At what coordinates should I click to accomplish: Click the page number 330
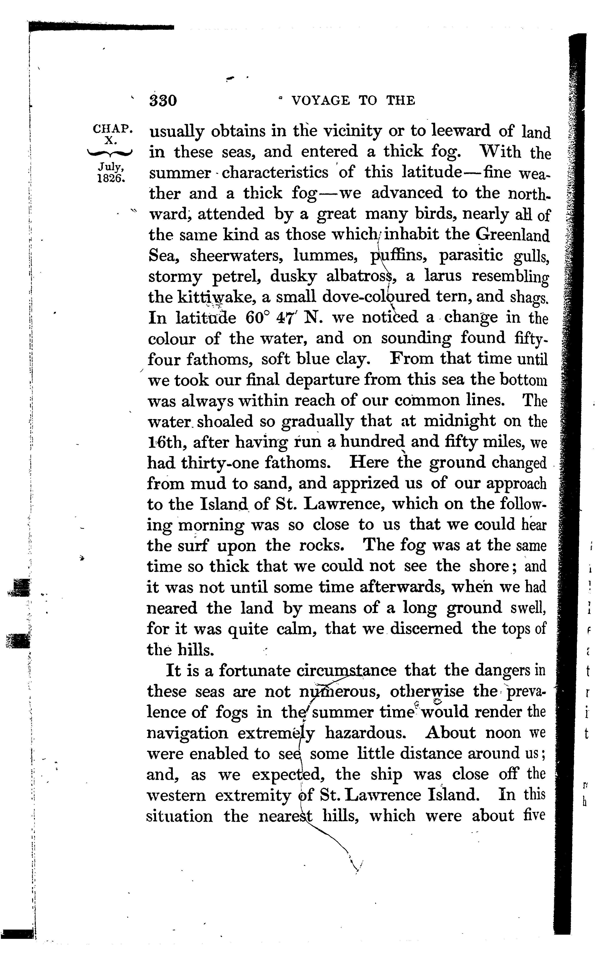coord(163,100)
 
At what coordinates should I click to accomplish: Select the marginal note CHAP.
coord(111,129)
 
